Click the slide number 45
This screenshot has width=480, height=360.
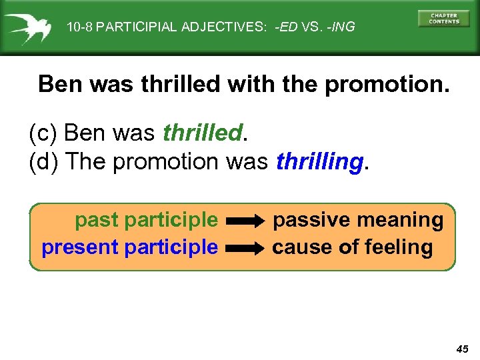pos(463,349)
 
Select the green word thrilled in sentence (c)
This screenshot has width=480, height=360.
pos(202,133)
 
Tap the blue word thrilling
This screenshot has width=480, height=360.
pos(319,161)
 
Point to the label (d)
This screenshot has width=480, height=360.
pos(44,161)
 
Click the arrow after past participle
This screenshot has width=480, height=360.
pos(245,220)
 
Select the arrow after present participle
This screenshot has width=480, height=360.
pos(245,248)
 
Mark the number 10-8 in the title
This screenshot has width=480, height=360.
pos(80,27)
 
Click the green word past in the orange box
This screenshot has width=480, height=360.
pos(97,220)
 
